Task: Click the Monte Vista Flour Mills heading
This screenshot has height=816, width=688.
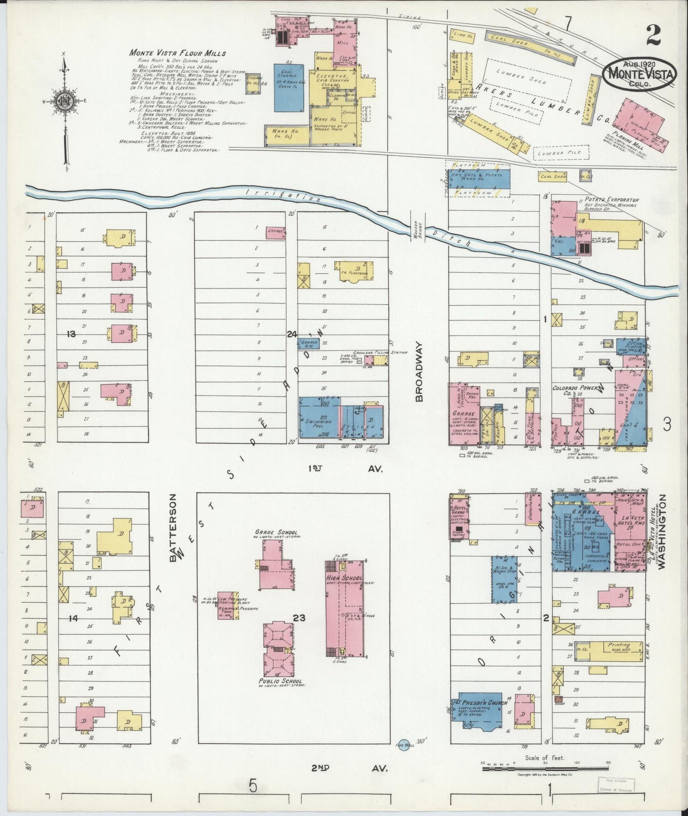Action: pos(178,53)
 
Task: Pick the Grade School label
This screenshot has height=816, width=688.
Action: pos(276,532)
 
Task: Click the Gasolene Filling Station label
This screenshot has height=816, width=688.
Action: pos(379,353)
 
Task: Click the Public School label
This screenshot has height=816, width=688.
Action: pos(279,681)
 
